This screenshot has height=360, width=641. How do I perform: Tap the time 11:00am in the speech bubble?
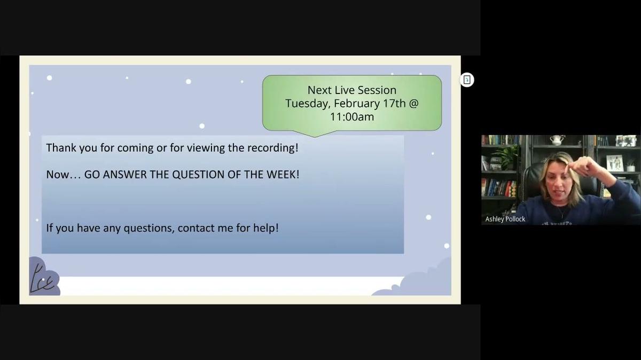tap(351, 116)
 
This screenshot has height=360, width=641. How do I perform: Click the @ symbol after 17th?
tap(413, 103)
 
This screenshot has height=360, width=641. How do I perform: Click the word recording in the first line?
tap(272, 147)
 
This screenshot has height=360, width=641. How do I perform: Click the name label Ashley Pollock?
tap(505, 219)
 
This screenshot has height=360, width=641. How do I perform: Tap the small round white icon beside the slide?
tap(467, 80)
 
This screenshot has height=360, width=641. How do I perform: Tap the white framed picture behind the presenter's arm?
tap(614, 162)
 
